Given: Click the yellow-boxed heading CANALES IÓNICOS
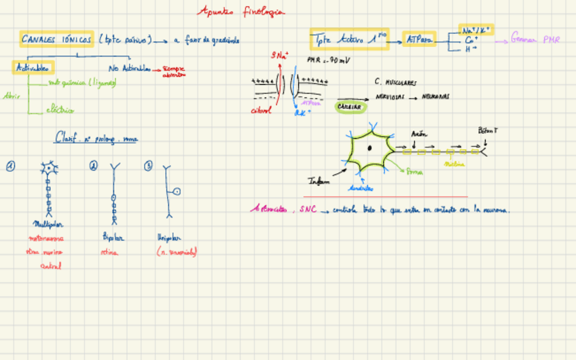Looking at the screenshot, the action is coord(57,40).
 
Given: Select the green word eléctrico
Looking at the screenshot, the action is coord(60,109).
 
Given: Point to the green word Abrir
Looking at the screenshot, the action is coord(12,96).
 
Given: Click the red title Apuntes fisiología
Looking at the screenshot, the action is coord(240,12).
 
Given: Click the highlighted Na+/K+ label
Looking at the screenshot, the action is coord(477,31).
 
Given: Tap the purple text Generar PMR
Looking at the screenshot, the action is coord(535,40).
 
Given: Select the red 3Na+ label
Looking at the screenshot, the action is coord(278,56).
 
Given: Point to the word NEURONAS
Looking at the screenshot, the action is coord(435,97).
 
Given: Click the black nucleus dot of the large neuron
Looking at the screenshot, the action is coord(369,147).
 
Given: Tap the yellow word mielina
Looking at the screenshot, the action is coord(454,164).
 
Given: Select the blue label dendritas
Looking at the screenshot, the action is coord(359,187).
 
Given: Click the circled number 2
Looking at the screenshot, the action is coord(94,165).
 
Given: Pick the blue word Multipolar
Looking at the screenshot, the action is coord(47,223).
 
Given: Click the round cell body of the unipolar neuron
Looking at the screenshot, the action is coord(177,192).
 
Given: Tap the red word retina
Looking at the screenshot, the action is coord(109,252).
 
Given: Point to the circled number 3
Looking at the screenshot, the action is coord(148,165).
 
